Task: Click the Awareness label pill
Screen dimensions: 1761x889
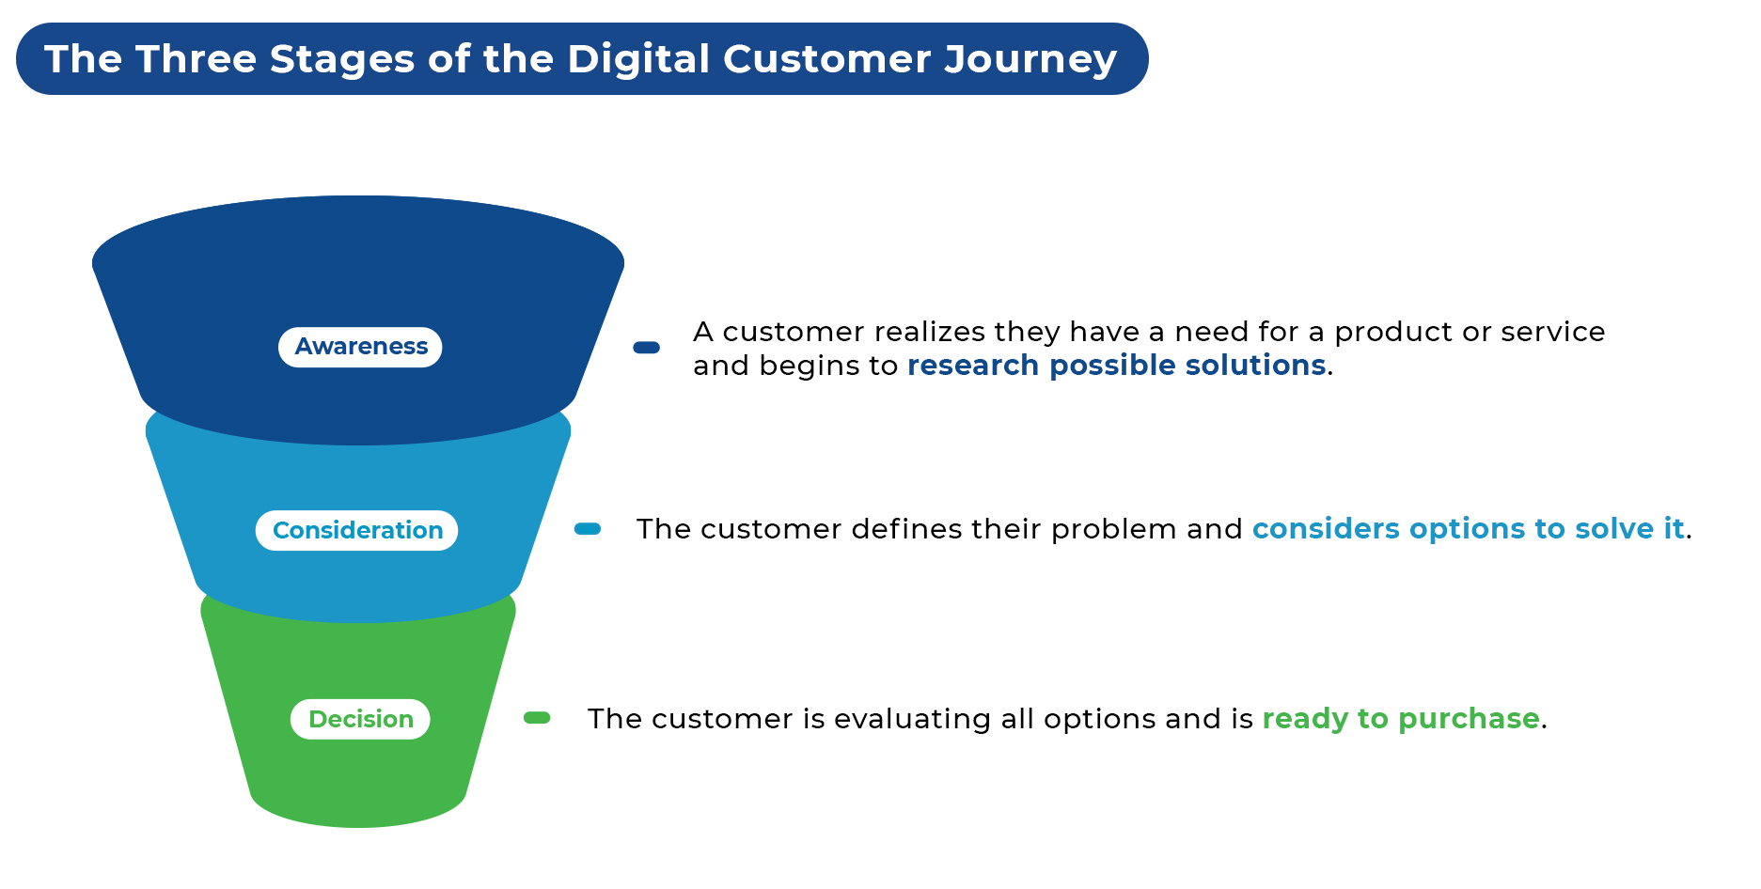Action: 360,347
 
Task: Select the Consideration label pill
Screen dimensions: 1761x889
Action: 357,530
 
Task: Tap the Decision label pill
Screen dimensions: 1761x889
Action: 360,719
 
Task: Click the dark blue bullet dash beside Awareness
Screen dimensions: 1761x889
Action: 647,347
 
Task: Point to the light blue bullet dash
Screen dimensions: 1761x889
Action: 588,529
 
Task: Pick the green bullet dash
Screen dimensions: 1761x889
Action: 537,718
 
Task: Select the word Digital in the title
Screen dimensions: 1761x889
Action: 638,59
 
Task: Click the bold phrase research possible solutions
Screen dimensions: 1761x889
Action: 1117,365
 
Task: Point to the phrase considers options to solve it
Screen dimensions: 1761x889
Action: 1469,529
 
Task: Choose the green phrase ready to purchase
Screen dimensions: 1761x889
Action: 1401,719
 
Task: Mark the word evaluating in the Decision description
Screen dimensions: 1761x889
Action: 912,719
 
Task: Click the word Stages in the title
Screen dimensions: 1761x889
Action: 342,59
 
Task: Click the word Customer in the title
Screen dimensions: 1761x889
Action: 827,59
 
